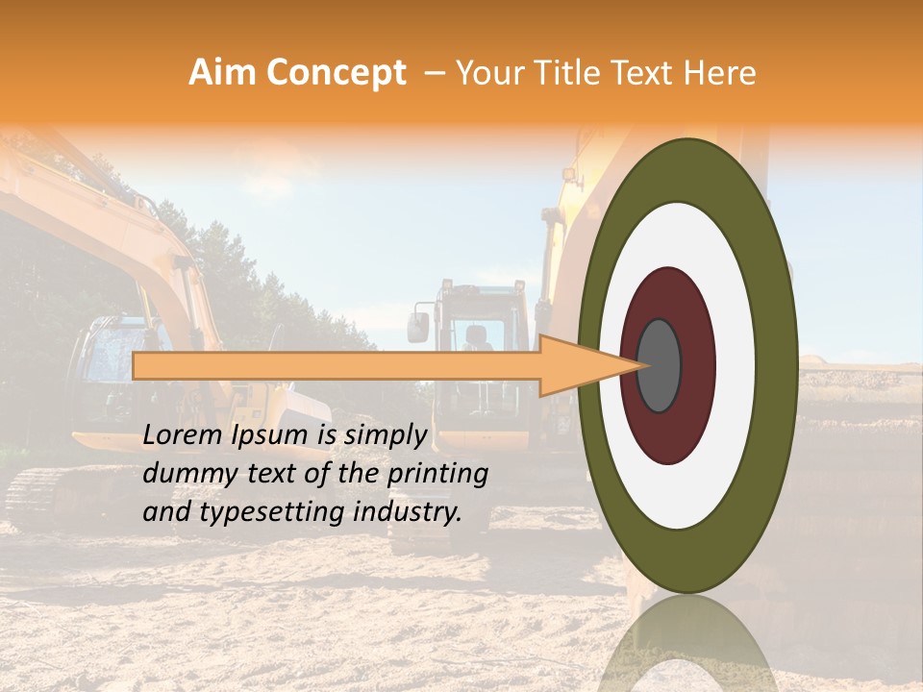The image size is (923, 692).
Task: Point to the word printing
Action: pos(437,474)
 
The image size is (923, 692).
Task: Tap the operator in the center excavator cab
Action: pos(474,338)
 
